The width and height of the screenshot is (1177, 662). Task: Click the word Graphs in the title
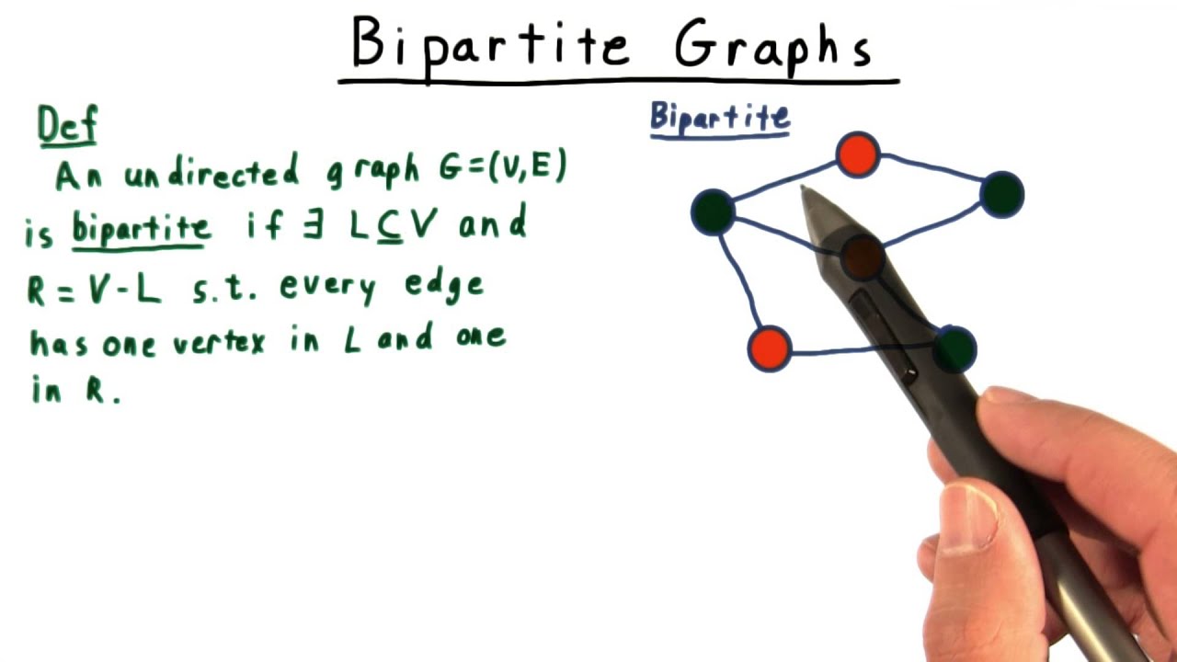(772, 46)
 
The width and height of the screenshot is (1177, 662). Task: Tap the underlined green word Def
(66, 126)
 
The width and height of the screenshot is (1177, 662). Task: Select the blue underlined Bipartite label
(719, 118)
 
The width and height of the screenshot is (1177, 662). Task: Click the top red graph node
(858, 154)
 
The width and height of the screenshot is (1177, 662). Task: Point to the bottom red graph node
(770, 349)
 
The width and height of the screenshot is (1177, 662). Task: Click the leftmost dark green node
(713, 212)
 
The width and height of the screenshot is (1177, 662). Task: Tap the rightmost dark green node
(1001, 195)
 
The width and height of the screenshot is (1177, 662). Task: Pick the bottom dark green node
(956, 348)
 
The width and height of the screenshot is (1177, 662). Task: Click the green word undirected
(211, 174)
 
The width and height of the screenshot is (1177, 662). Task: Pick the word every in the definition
(327, 288)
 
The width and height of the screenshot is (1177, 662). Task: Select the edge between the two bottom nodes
(855, 351)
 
